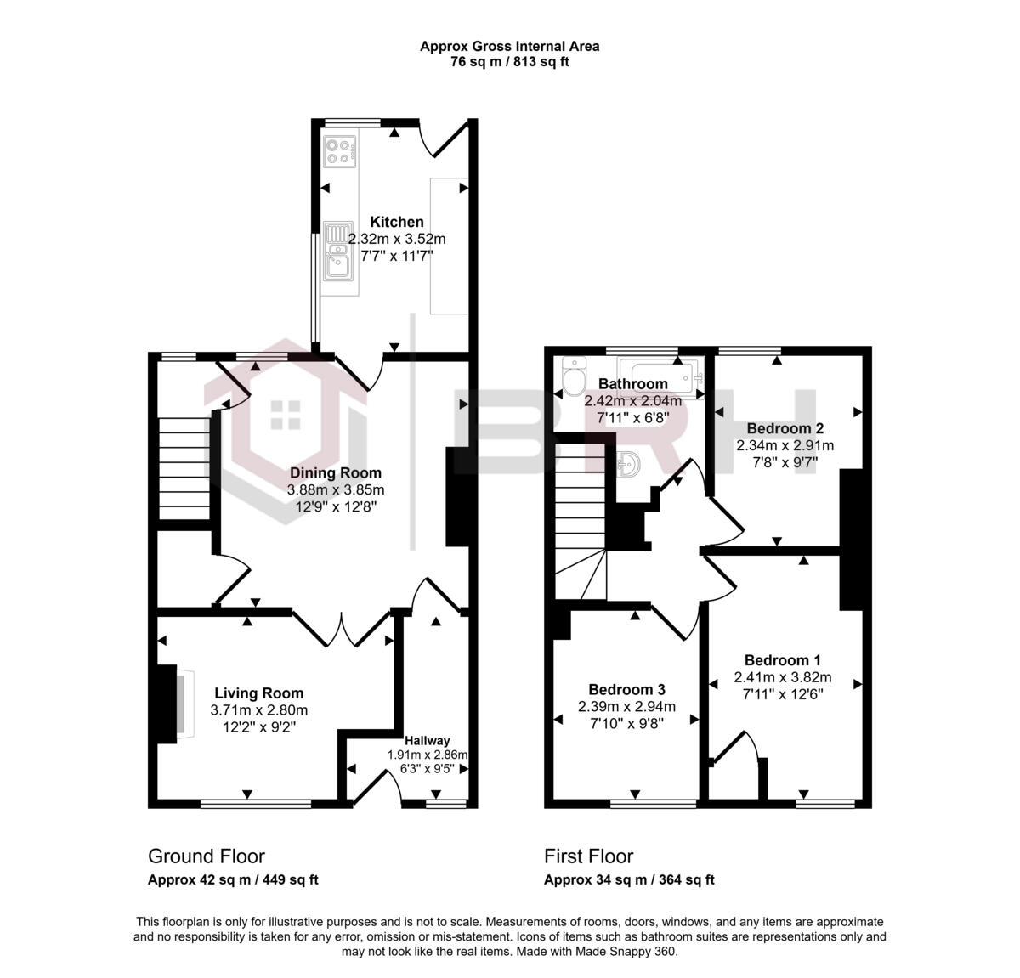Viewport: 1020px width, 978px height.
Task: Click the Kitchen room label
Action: click(x=396, y=222)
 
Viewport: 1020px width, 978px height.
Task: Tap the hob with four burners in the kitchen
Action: click(x=338, y=150)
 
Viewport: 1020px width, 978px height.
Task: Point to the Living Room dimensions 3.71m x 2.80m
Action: click(x=258, y=710)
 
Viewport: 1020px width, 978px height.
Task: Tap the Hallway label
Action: click(x=427, y=740)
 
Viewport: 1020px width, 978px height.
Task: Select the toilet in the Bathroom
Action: click(x=574, y=379)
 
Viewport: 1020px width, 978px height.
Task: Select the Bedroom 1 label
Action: click(x=782, y=660)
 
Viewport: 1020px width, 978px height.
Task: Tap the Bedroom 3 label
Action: click(x=626, y=689)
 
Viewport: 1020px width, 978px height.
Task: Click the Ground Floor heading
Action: click(x=207, y=856)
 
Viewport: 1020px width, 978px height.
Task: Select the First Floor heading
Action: click(x=588, y=856)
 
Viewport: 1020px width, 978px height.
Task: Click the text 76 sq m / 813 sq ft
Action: click(x=509, y=62)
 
